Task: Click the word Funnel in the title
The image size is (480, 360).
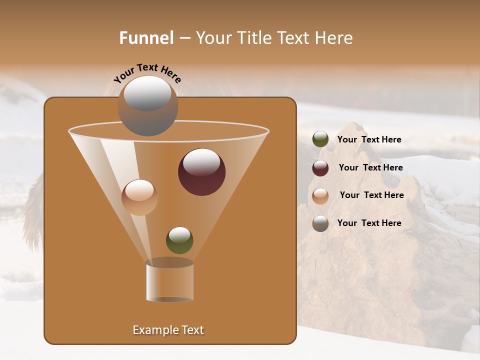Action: coord(146,38)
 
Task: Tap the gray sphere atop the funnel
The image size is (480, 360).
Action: coord(147,106)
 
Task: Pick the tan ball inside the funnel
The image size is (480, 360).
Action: coord(139,198)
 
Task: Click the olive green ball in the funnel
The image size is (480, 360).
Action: coord(179,240)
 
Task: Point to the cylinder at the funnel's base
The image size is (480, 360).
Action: coord(169,282)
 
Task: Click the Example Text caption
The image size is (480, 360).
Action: coord(168,330)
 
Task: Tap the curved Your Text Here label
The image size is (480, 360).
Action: coord(147,73)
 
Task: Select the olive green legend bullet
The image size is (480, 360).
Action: coord(320,139)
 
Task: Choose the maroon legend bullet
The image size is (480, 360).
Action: coord(320,168)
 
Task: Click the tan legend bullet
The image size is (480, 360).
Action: coord(320,195)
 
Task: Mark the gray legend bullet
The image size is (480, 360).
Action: coord(320,223)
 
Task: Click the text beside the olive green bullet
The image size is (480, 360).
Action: coord(369,139)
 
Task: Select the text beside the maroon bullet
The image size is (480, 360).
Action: coord(370,167)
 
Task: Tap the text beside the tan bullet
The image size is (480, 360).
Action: coord(371,195)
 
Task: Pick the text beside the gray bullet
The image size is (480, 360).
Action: coord(369,223)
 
